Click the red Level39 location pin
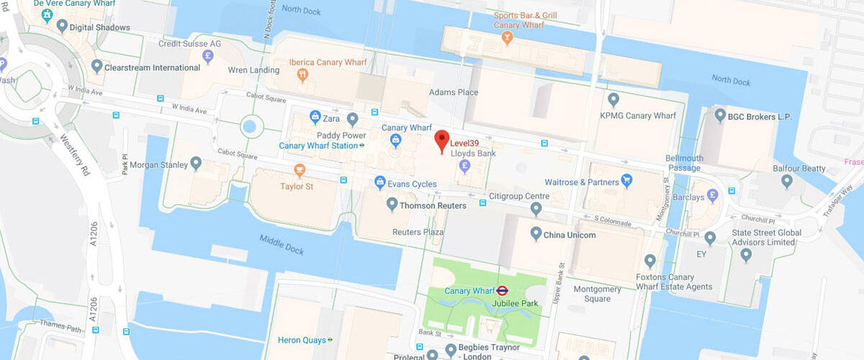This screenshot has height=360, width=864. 442,140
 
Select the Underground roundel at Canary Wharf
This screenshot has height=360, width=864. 503,291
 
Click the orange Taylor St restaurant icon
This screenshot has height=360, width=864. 300,171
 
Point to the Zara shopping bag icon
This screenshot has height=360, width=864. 315,117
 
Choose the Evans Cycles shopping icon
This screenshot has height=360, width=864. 379,184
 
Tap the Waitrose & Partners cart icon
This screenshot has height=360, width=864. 626,181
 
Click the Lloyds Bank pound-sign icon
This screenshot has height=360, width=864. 465,167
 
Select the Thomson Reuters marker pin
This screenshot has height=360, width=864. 392,205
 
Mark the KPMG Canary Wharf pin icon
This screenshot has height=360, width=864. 613,99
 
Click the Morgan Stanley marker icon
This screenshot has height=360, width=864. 195,165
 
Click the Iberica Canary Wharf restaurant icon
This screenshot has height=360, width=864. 303,75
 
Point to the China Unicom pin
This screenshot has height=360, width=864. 536,235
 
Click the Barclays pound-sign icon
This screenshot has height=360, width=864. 712,194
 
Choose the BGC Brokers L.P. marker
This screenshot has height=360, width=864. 719,116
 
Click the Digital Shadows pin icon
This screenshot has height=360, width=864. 63,27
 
